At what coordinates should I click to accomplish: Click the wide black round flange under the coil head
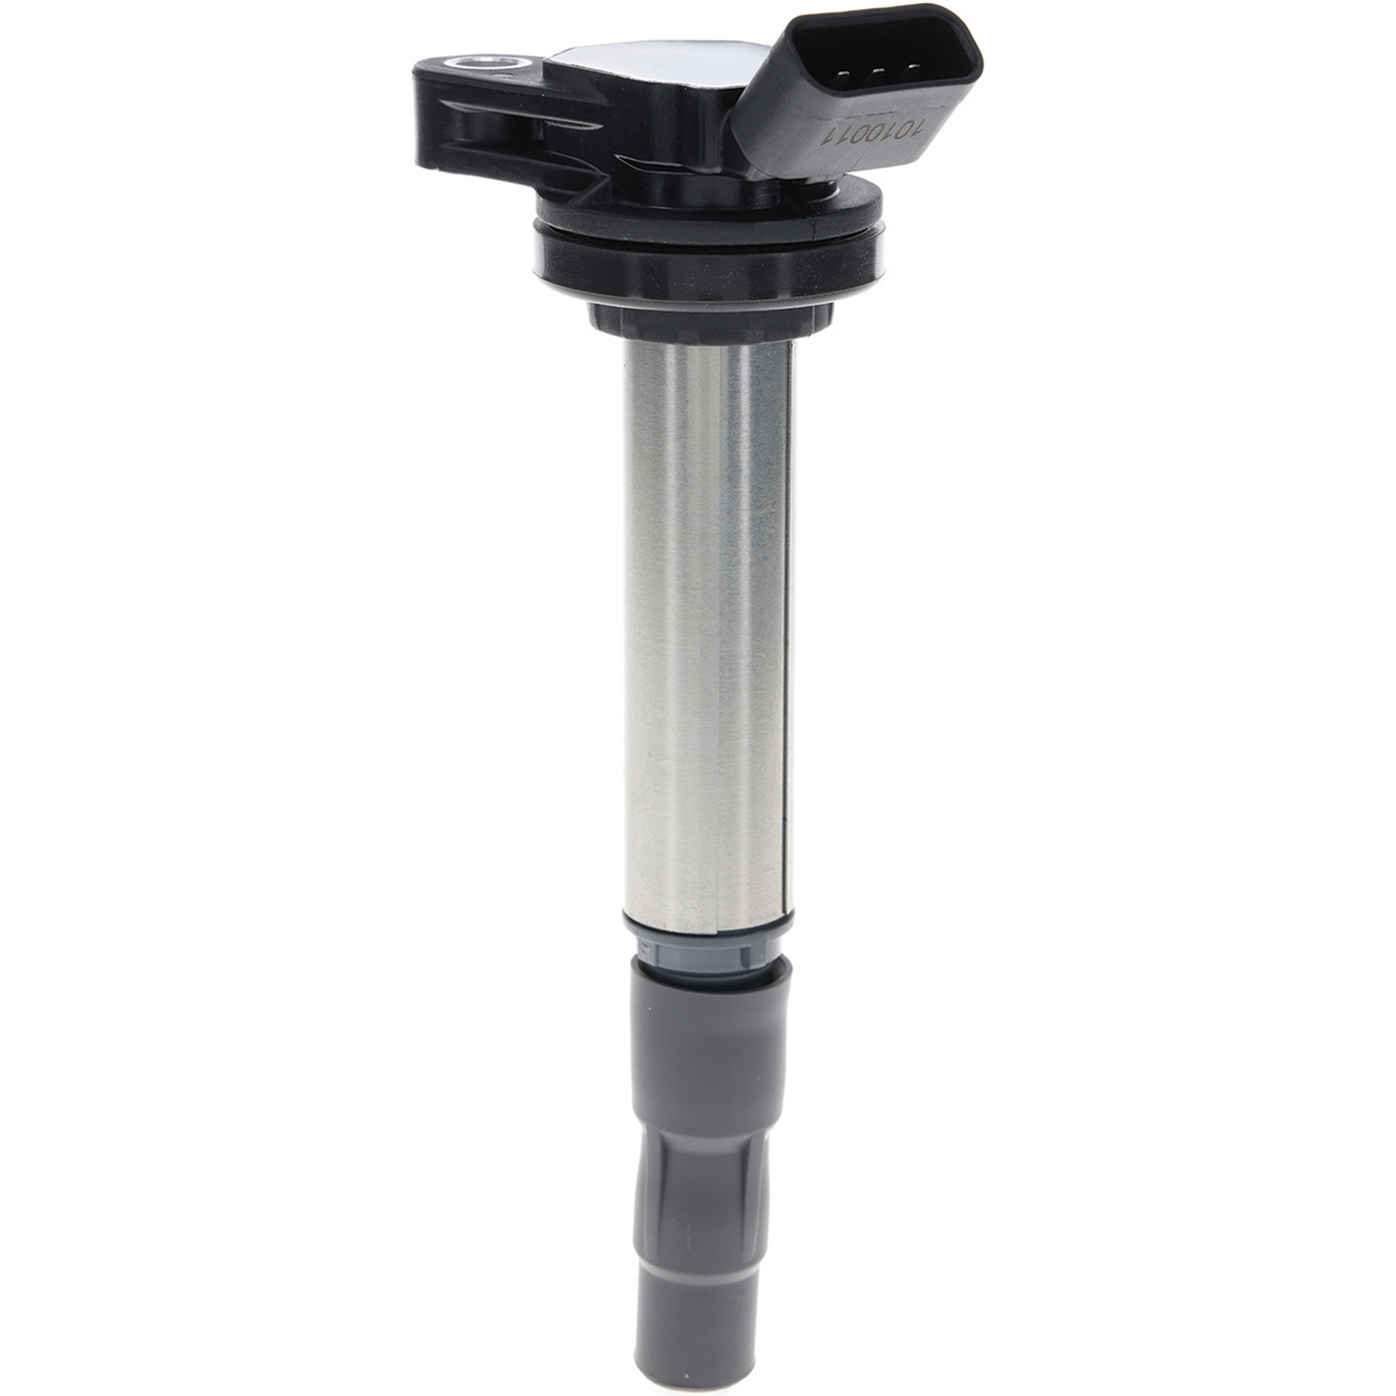tap(708, 260)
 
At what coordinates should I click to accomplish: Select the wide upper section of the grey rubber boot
tap(712, 1048)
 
